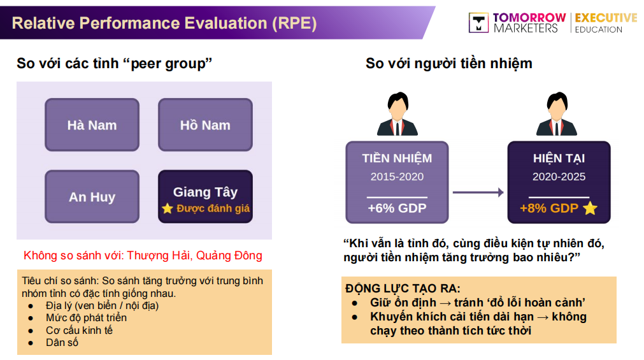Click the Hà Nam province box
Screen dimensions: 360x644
point(92,125)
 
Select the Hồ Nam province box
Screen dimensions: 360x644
point(205,125)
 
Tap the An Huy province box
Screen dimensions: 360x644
point(92,196)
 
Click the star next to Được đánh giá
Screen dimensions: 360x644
point(167,209)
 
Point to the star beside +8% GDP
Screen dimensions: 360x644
point(590,208)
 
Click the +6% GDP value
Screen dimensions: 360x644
point(397,208)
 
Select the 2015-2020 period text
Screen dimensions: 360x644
point(397,176)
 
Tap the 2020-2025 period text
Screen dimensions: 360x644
point(559,176)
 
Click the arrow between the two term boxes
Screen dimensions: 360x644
point(478,191)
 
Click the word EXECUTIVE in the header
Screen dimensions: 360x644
point(605,18)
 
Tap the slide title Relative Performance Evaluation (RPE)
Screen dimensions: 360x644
point(164,24)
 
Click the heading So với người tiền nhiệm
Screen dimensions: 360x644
point(448,64)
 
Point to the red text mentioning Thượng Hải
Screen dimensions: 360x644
point(143,256)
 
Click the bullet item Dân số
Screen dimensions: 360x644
point(62,342)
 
